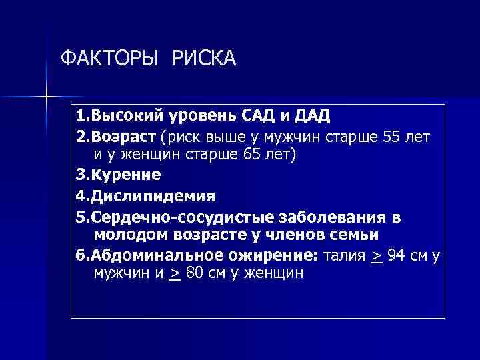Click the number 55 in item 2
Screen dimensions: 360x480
[393, 137]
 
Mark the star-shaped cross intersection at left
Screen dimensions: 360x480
[46, 97]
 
